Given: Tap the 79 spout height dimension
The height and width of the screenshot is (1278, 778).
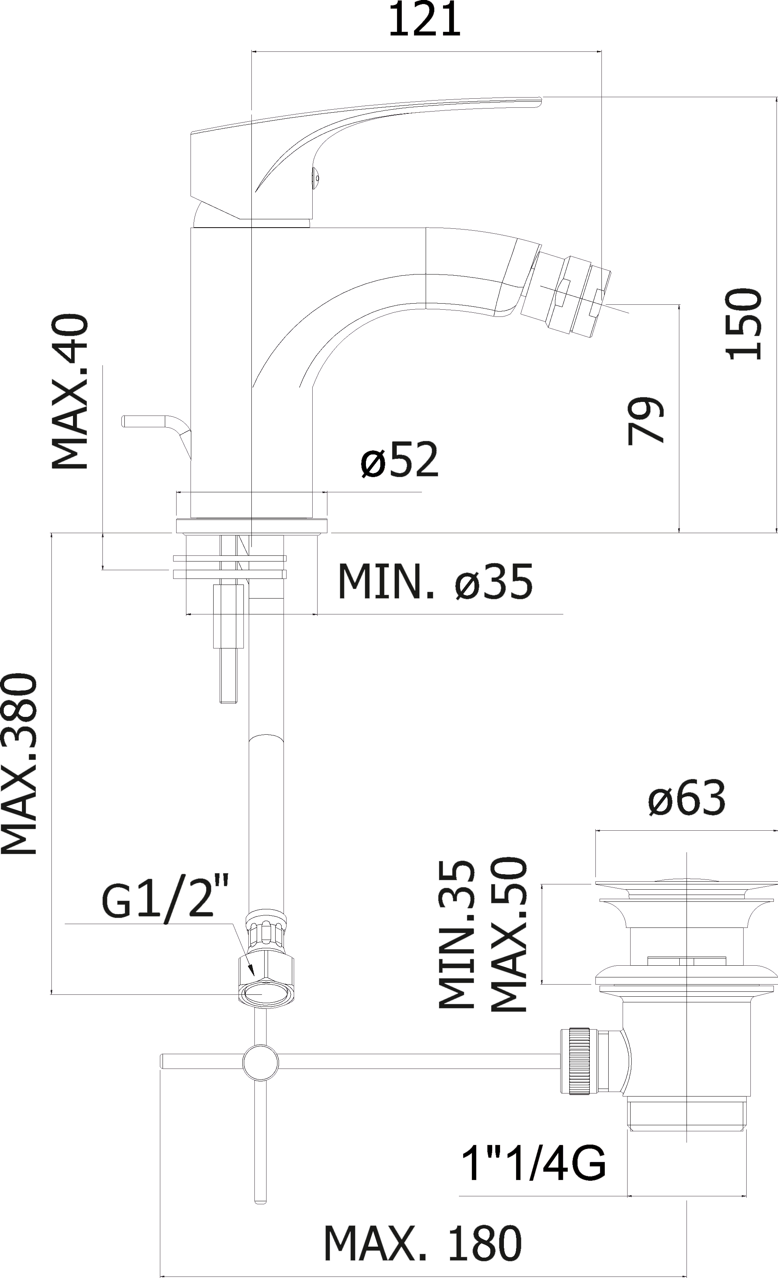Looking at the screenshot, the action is coord(645,420).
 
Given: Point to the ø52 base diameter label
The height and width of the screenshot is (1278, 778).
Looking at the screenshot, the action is coord(399,459).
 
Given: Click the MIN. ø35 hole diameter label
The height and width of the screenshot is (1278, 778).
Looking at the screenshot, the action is coord(435,582).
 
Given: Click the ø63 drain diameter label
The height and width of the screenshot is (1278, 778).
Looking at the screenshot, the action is coord(687,798).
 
